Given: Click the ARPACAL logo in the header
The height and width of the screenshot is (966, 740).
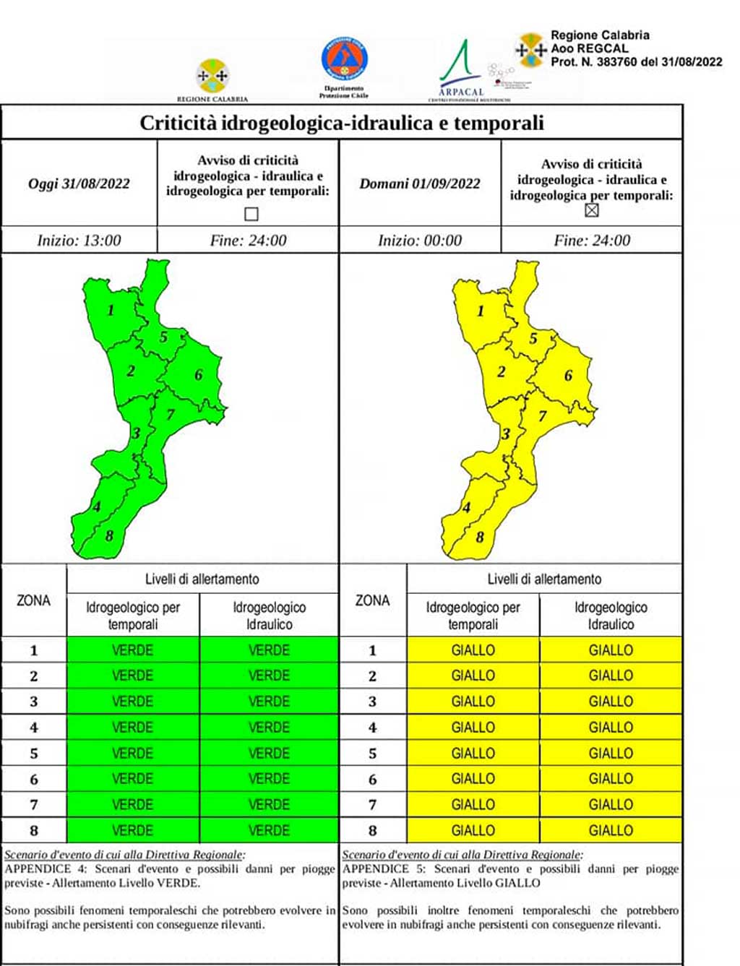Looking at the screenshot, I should (x=461, y=71).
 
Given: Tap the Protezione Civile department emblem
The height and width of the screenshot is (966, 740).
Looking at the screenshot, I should (x=344, y=61).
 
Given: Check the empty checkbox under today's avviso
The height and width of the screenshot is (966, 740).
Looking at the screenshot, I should (x=251, y=214).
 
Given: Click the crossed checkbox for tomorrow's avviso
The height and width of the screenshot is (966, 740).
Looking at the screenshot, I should (x=592, y=210).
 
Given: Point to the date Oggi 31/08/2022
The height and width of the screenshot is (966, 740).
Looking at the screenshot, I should (x=79, y=184).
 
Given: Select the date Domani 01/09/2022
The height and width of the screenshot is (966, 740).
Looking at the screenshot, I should (x=420, y=184).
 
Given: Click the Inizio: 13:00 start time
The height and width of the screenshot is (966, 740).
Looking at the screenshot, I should (x=79, y=241).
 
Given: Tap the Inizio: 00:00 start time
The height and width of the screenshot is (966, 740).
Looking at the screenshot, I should (x=420, y=241).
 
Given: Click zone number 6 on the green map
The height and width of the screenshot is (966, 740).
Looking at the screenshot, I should (x=198, y=375).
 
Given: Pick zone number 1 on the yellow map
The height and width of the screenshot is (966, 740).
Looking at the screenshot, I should (x=481, y=311).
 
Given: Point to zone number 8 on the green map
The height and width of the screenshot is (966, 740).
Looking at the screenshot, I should (x=109, y=536).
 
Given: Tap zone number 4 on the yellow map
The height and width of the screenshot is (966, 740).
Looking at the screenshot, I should (x=466, y=508).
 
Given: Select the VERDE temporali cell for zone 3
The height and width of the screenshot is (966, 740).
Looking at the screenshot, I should (x=133, y=702).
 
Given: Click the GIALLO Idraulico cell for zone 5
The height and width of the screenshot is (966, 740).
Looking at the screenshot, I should (x=611, y=753).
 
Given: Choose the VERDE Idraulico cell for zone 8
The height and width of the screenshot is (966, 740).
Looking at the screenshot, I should (x=269, y=830).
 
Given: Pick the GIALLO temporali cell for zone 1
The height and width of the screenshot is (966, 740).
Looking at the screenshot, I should (x=473, y=650).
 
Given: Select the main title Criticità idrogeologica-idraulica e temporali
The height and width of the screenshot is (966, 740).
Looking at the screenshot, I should (x=342, y=123).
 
